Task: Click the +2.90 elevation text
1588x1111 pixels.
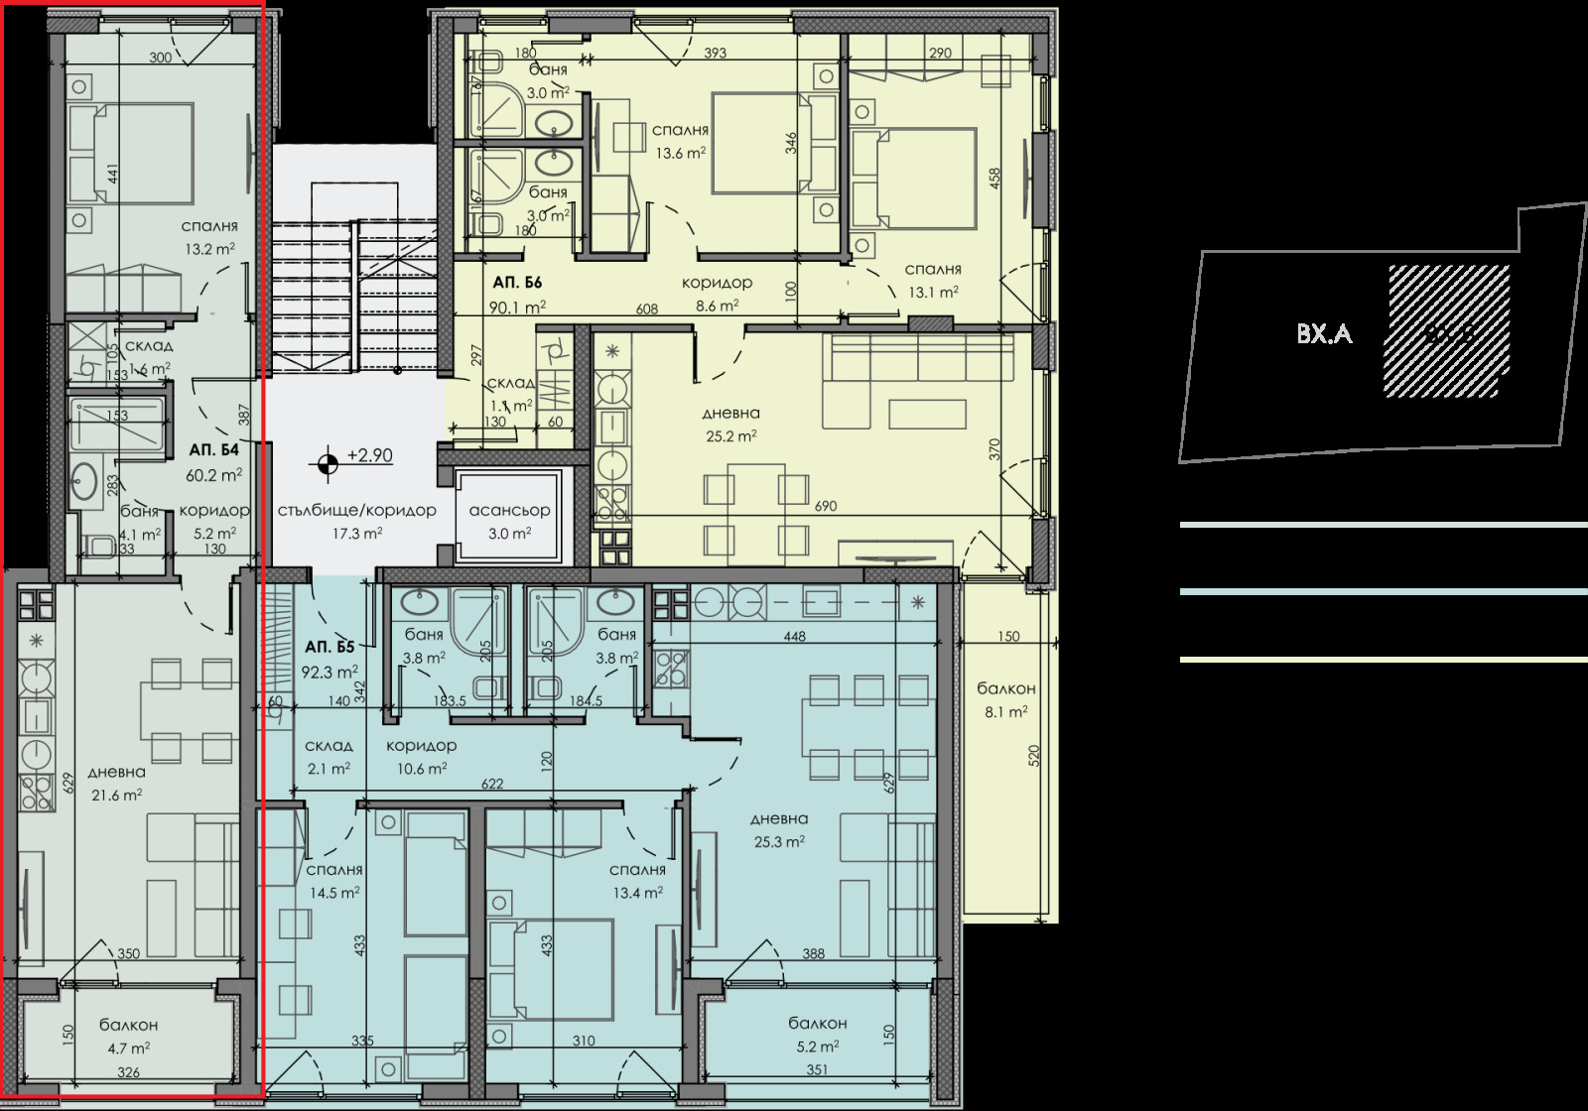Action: coord(369,456)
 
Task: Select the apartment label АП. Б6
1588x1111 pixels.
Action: coord(516,282)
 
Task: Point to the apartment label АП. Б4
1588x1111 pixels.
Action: coord(214,449)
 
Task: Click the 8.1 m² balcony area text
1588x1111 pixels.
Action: coord(1005,711)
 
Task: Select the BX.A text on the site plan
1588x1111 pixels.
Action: coord(1324,334)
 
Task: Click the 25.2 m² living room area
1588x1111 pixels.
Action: coord(730,435)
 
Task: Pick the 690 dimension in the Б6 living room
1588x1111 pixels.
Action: coord(825,506)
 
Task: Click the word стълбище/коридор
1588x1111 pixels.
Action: coord(356,510)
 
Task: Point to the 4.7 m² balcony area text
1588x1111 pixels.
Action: coord(128,1047)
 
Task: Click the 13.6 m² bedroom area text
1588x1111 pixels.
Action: coord(680,153)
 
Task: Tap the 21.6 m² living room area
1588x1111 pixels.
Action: coord(116,794)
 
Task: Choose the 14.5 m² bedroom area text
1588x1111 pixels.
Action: coord(333,892)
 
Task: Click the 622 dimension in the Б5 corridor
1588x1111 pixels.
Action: coord(492,784)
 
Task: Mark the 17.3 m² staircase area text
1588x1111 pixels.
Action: coord(357,533)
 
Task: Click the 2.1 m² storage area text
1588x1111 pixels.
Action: coord(328,768)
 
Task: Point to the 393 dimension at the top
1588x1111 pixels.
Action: coord(715,54)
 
